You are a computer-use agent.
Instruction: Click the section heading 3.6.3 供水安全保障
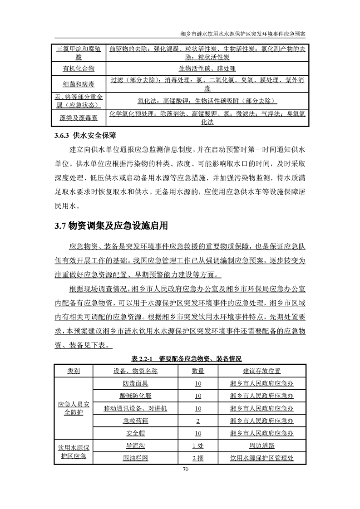coord(86,135)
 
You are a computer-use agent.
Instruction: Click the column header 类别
coord(74,371)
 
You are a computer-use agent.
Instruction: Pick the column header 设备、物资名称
coord(135,371)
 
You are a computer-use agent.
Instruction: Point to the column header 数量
coord(198,371)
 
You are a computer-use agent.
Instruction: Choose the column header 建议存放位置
coord(262,371)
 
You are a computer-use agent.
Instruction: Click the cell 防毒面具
coord(135,384)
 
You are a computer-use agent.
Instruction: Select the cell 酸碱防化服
coord(135,396)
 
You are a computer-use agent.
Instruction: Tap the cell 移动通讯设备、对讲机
coord(135,408)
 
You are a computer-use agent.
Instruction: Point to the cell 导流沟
coord(135,446)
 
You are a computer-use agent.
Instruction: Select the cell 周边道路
coord(262,446)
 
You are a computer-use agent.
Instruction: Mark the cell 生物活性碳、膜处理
coord(207,69)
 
